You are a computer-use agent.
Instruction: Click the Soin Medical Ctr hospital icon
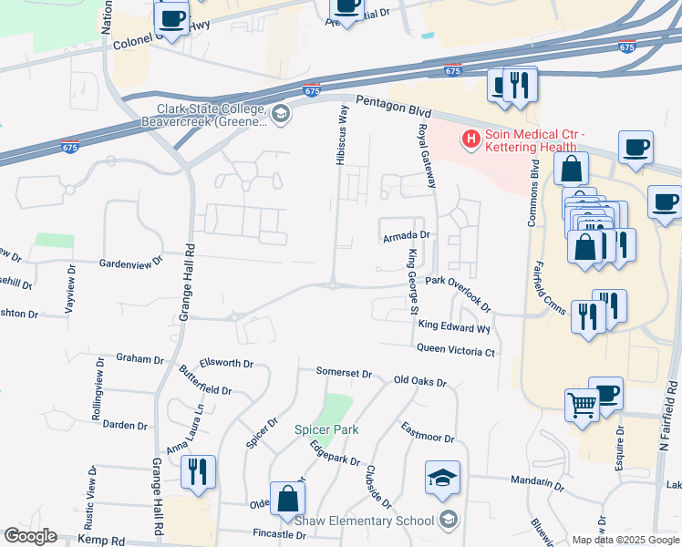pos(470,139)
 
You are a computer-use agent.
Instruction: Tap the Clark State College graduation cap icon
pos(281,113)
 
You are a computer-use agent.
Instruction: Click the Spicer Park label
pos(325,429)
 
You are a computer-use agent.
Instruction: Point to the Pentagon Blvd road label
pos(393,105)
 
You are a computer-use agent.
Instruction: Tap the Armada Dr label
pos(405,236)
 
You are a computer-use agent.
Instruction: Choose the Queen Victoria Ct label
pos(456,349)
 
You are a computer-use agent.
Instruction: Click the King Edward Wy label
pos(454,325)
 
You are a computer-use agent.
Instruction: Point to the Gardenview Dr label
pos(129,261)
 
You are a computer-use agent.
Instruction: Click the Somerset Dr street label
pos(344,373)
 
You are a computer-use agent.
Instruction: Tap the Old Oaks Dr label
pos(419,382)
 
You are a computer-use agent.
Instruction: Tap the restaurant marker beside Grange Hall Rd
pos(198,471)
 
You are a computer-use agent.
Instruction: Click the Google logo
pos(30,536)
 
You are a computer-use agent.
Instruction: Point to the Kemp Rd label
pos(100,540)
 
